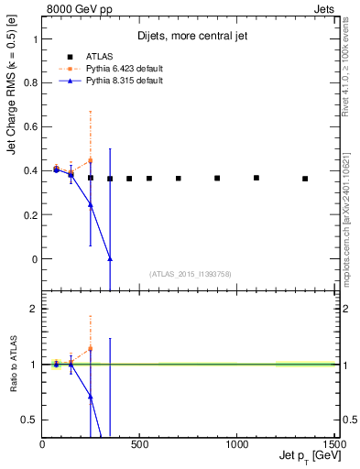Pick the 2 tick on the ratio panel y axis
pos(34,309)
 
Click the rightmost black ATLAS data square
pos(305,179)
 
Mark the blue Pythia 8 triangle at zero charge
pos(110,259)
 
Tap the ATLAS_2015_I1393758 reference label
pos(189,274)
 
